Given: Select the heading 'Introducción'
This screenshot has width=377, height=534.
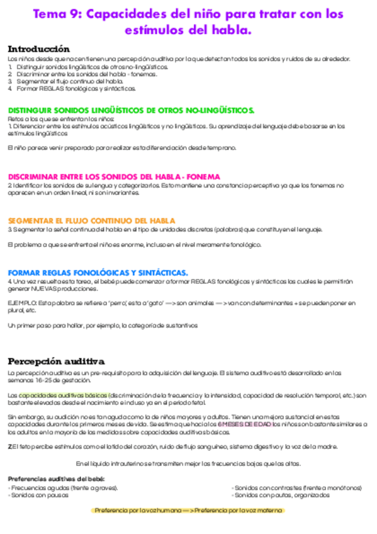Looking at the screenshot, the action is click(x=38, y=49).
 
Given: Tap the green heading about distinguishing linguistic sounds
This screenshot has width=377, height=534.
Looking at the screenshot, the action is click(x=131, y=110).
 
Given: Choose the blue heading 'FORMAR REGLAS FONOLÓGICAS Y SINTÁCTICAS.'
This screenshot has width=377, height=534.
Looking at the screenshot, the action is click(x=98, y=273).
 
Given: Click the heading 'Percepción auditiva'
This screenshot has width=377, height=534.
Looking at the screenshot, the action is click(x=55, y=361).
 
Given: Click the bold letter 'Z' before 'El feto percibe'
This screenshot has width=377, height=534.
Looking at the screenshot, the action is click(x=10, y=446).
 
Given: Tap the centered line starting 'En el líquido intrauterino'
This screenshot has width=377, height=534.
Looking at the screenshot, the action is click(x=188, y=464).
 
